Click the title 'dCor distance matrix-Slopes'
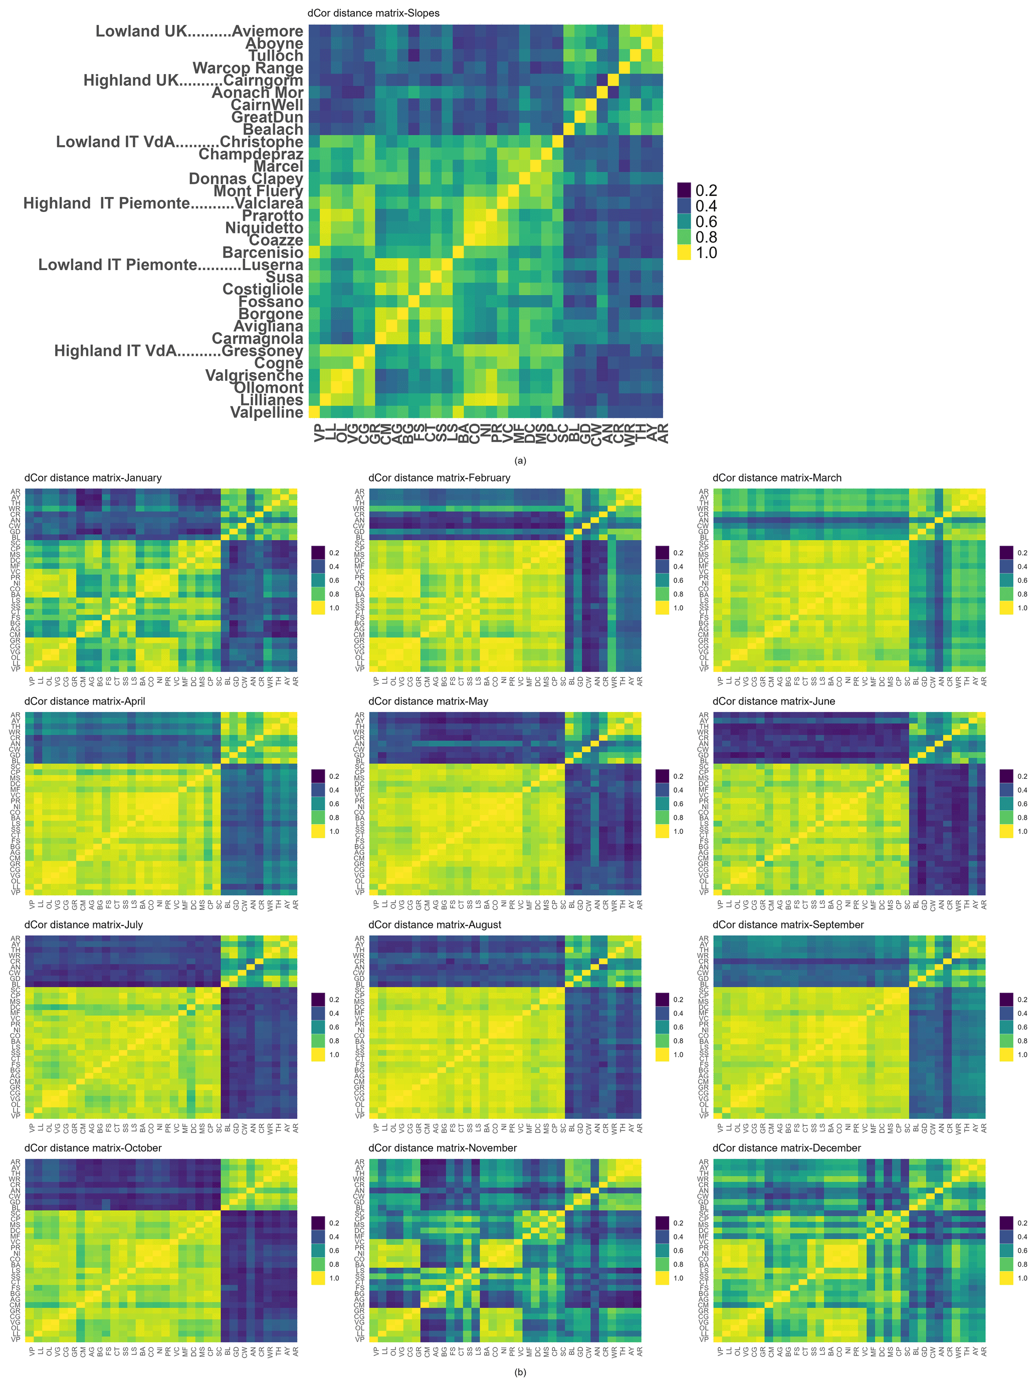(373, 13)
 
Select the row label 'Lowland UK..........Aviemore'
(199, 32)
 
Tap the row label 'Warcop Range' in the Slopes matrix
(248, 68)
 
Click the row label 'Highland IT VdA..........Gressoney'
(178, 351)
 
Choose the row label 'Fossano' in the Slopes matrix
(271, 301)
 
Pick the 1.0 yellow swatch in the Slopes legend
(684, 253)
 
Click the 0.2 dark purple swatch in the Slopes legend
(684, 190)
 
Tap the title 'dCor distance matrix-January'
(93, 478)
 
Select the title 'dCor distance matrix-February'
(440, 478)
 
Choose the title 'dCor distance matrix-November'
(443, 1148)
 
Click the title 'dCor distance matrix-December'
(786, 1148)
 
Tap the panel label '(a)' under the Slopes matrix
(520, 460)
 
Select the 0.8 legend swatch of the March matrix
(1006, 594)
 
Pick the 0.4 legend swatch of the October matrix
(318, 1237)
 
